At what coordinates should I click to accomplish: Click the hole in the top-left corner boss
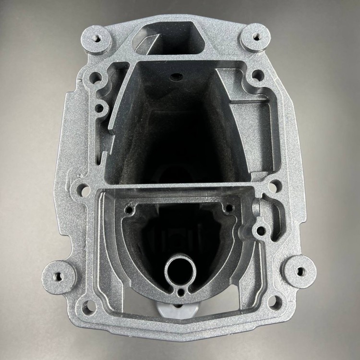click(x=100, y=36)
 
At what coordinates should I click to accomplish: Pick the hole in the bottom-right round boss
click(x=300, y=272)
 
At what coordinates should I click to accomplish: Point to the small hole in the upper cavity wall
click(x=174, y=75)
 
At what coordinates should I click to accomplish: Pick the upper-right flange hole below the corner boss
click(x=258, y=75)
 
